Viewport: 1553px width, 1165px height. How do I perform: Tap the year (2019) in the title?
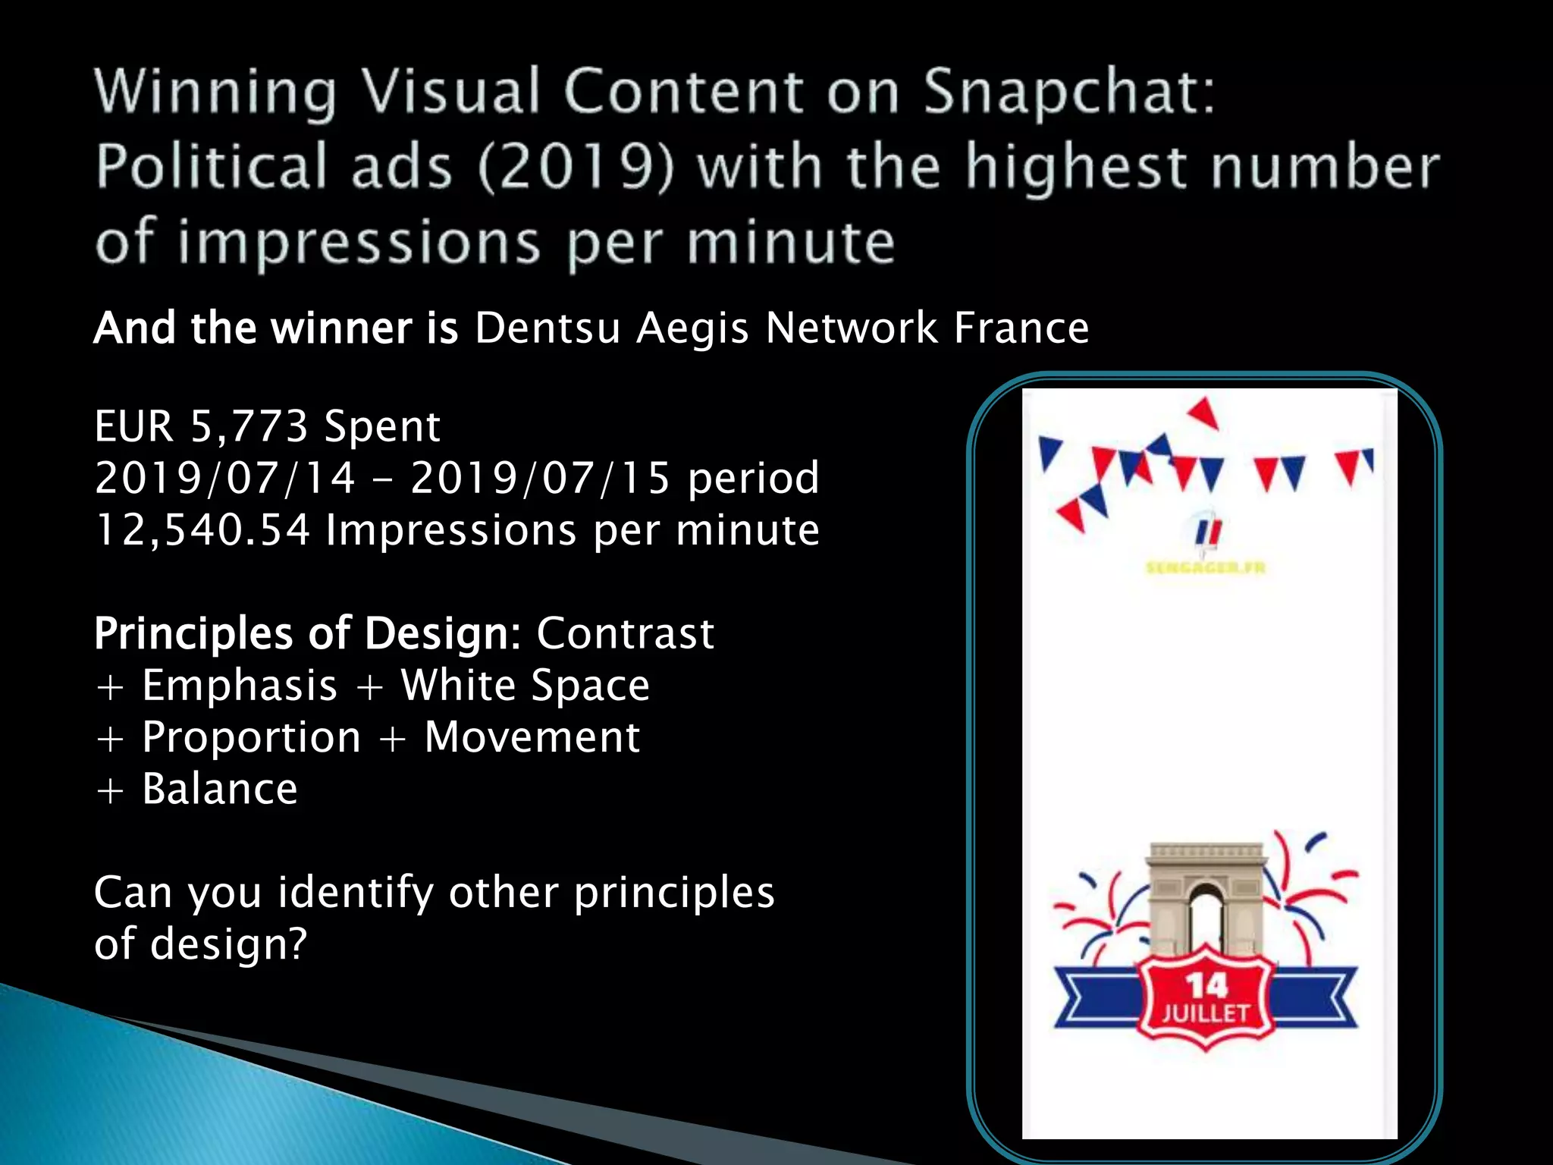[576, 167]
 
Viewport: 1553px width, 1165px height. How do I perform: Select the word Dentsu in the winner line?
[547, 328]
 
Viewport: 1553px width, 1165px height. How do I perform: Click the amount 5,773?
[249, 426]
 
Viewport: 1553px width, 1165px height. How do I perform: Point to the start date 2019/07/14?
[225, 479]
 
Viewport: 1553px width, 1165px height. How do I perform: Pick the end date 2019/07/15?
[541, 479]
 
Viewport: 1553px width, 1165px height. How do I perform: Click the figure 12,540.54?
[202, 530]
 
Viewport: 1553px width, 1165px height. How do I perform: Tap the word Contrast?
[626, 633]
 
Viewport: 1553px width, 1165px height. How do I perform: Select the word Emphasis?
[240, 686]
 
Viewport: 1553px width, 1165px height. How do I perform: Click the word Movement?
[532, 737]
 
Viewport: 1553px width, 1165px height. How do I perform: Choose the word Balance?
[220, 789]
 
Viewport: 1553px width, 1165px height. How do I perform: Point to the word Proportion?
[252, 737]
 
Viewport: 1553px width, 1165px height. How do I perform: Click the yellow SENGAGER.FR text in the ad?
[1206, 567]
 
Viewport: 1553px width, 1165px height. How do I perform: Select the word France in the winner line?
[1021, 328]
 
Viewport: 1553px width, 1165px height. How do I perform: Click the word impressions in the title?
[359, 243]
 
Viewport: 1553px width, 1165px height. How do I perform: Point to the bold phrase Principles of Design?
[308, 633]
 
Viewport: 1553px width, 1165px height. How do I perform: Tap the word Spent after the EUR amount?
[382, 426]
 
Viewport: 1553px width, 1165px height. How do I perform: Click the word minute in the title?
[791, 243]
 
